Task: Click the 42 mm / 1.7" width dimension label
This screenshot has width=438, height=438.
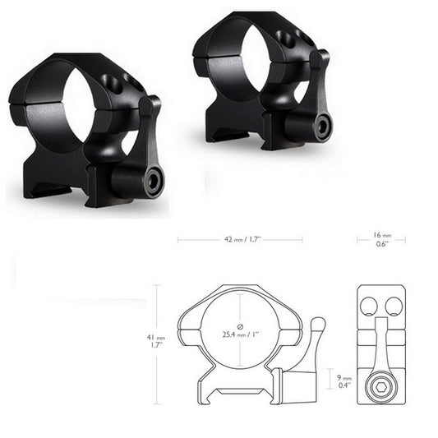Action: (x=240, y=240)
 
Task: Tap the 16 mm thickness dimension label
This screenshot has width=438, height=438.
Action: (x=380, y=239)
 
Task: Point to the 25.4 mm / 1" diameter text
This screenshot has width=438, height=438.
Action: (x=239, y=334)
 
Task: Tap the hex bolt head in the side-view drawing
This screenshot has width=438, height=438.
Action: (x=380, y=385)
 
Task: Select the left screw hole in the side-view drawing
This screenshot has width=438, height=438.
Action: (x=369, y=307)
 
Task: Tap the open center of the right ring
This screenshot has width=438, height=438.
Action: (x=249, y=58)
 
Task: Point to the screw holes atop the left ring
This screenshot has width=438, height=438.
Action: (x=113, y=81)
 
